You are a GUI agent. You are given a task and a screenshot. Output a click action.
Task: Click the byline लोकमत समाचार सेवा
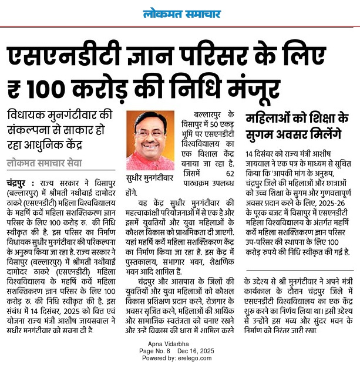point(45,163)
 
